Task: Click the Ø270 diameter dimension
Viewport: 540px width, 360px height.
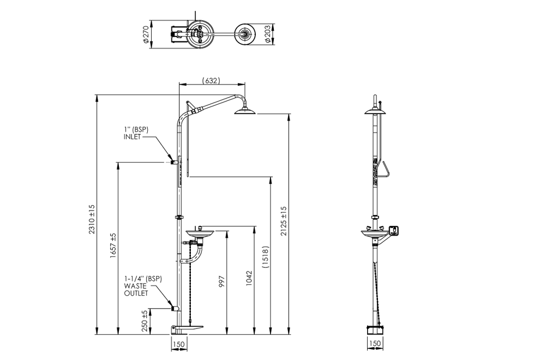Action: tap(146, 35)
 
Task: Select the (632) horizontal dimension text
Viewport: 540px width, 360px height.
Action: tap(211, 81)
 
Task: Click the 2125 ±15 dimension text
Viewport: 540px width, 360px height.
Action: tap(283, 220)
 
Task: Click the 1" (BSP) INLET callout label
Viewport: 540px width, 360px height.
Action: tap(135, 133)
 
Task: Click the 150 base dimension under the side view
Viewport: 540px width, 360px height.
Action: tap(375, 344)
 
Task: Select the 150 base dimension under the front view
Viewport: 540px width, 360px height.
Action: tap(178, 344)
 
